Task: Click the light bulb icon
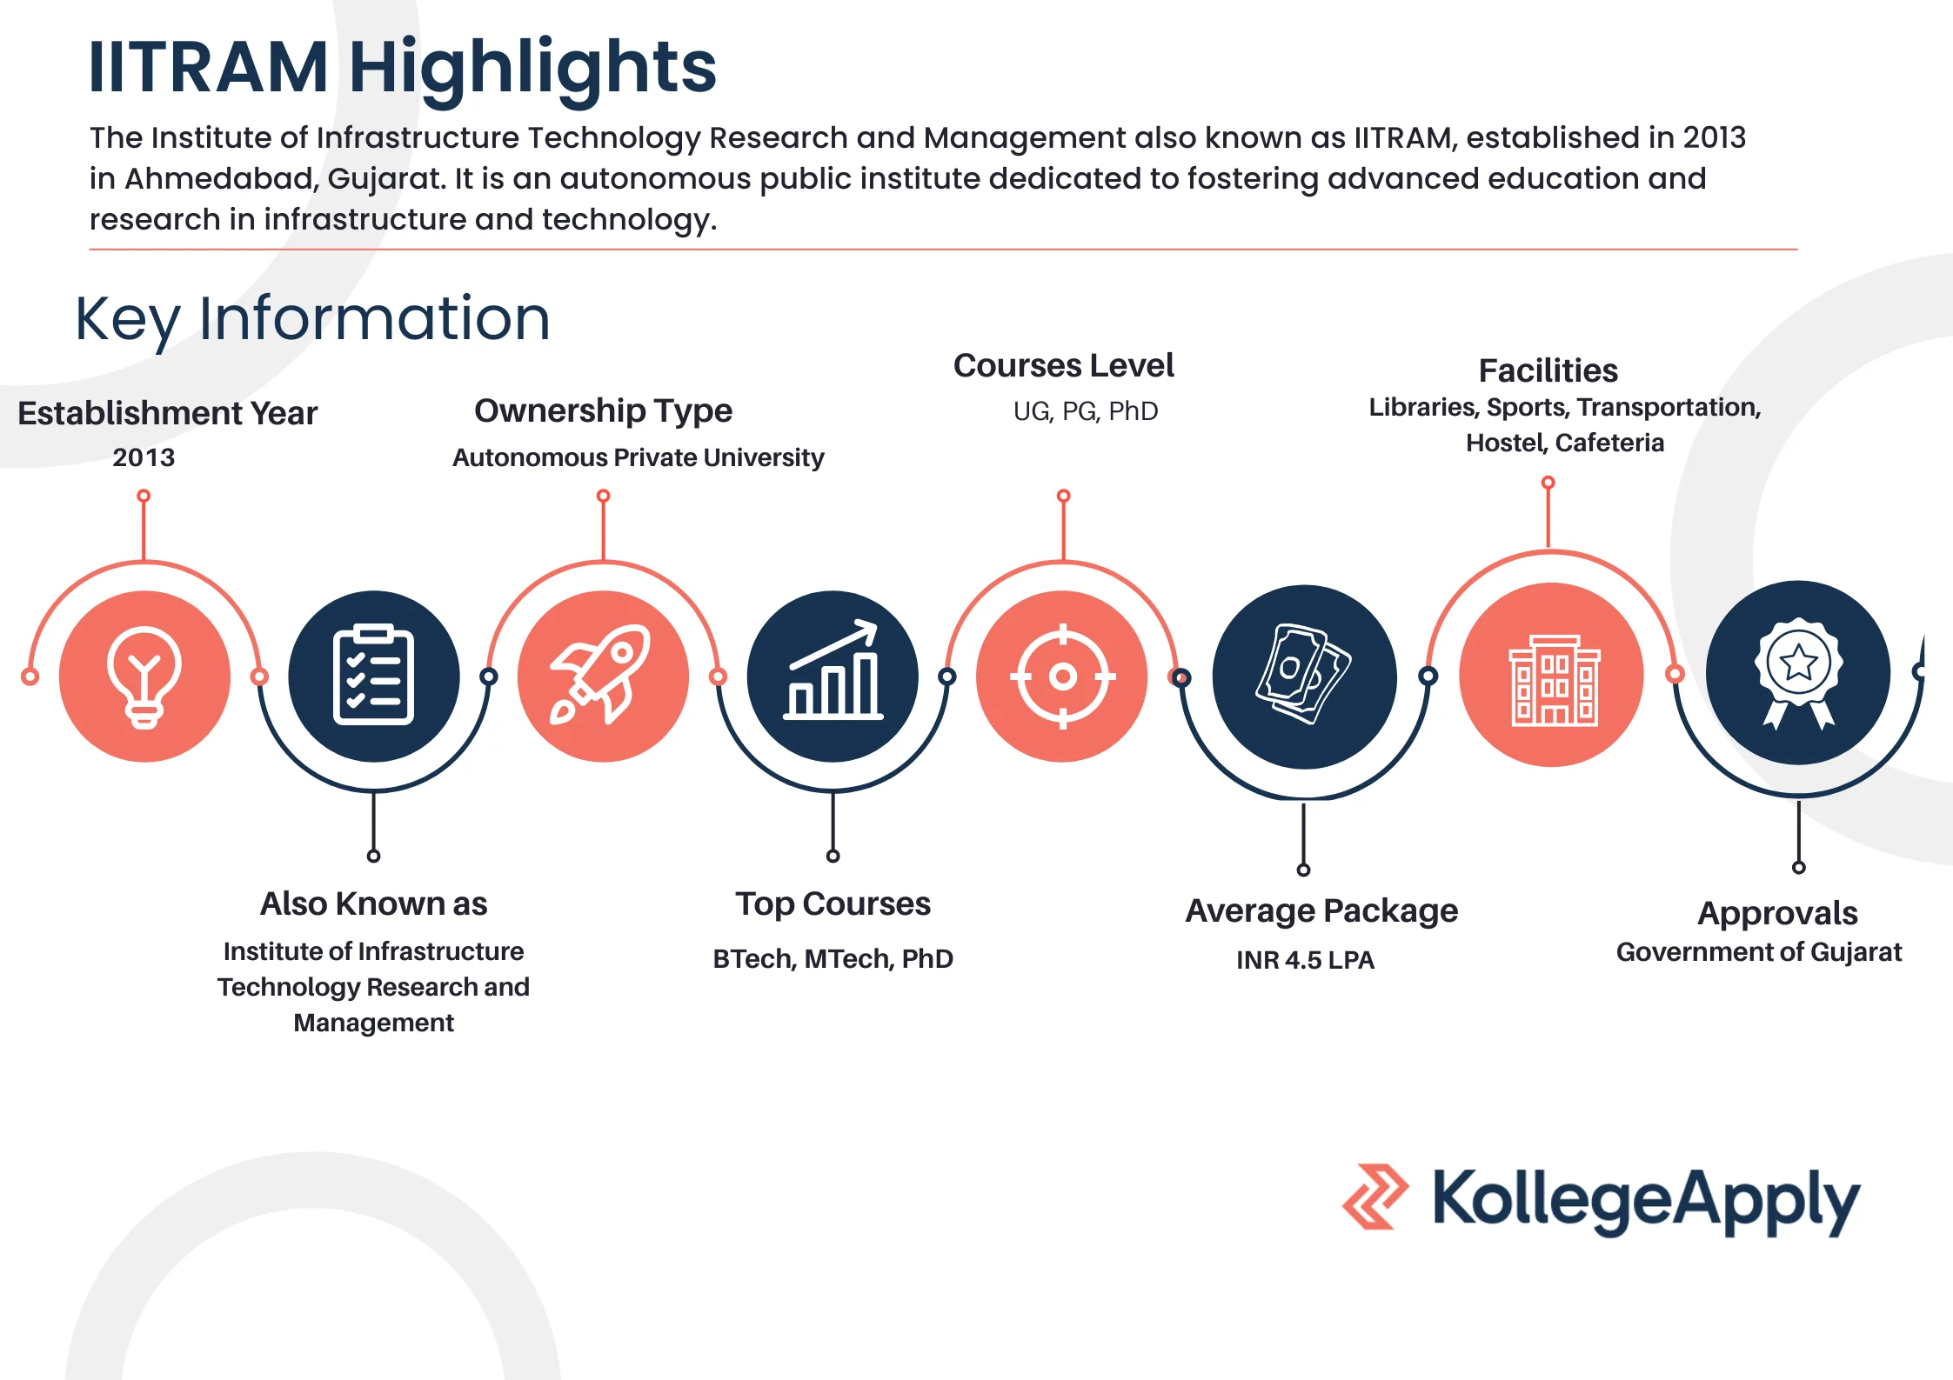pyautogui.click(x=144, y=677)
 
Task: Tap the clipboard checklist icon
pyautogui.click(x=373, y=675)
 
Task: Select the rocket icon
pyautogui.click(x=600, y=675)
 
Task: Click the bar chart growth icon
pyautogui.click(x=833, y=670)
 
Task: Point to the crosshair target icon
pyautogui.click(x=1062, y=676)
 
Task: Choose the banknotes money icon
pyautogui.click(x=1302, y=674)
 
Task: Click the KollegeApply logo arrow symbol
pyautogui.click(x=1375, y=1197)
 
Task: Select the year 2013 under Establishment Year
pyautogui.click(x=144, y=457)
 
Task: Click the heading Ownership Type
pyautogui.click(x=603, y=410)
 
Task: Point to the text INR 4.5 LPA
pyautogui.click(x=1305, y=960)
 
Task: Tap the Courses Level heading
pyautogui.click(x=1063, y=365)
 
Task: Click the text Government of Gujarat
pyautogui.click(x=1759, y=952)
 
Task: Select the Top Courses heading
pyautogui.click(x=833, y=904)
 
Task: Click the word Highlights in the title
pyautogui.click(x=532, y=68)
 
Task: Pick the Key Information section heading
pyautogui.click(x=312, y=320)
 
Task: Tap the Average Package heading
pyautogui.click(x=1321, y=911)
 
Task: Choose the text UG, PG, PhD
pyautogui.click(x=1086, y=411)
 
